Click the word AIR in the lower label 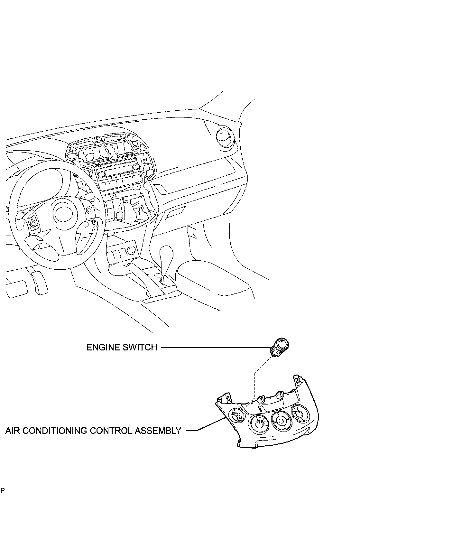coord(13,431)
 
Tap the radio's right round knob coord(137,167)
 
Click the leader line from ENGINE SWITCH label coord(216,348)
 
